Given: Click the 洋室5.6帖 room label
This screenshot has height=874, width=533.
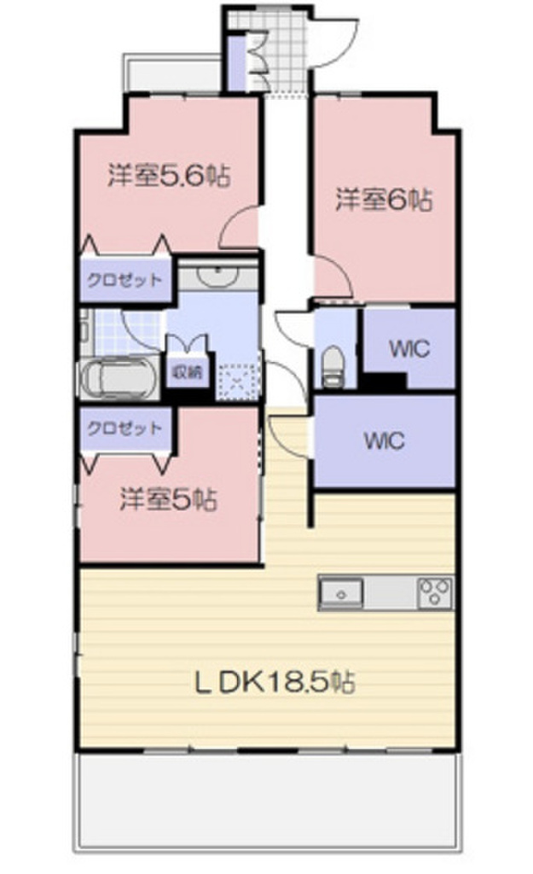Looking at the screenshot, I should pyautogui.click(x=168, y=177).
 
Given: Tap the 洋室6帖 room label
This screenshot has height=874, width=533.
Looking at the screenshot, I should pyautogui.click(x=383, y=201).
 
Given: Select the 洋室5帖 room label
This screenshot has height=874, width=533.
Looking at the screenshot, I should pyautogui.click(x=167, y=498).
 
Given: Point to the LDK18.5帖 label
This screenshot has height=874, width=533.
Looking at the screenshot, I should pyautogui.click(x=275, y=682).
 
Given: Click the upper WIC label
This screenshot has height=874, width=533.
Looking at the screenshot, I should pyautogui.click(x=408, y=347).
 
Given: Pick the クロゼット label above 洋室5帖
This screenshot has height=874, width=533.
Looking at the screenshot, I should pyautogui.click(x=125, y=428).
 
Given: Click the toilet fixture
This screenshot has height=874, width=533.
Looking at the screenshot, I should pyautogui.click(x=333, y=363).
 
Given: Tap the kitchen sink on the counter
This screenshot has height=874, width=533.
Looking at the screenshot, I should pyautogui.click(x=341, y=591).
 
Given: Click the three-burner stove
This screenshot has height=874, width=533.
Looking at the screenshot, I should pyautogui.click(x=435, y=592).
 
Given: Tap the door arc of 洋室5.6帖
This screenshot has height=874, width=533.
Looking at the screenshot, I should pyautogui.click(x=240, y=229).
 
